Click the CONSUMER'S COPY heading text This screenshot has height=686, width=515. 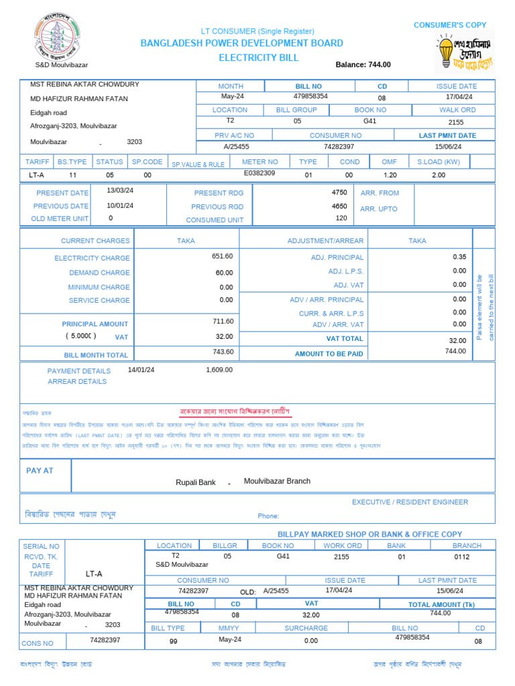point(450,25)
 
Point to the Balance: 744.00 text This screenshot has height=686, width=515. point(363,65)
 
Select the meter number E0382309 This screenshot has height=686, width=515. point(259,174)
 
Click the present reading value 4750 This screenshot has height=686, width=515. point(339,192)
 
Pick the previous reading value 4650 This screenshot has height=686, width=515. point(339,206)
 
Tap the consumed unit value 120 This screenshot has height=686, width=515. point(341,218)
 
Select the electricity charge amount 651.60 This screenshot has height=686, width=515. point(222,257)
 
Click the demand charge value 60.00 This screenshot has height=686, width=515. point(224,273)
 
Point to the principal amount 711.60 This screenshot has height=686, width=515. point(222,322)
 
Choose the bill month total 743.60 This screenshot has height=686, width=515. point(223,352)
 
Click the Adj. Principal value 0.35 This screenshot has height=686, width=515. point(459,257)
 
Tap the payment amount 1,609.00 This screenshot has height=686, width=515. point(219,370)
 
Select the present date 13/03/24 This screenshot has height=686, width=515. point(120,190)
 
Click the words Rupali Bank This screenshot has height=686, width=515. point(195,482)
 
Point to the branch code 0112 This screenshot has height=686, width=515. point(462,557)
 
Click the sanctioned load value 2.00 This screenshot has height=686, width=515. point(438,175)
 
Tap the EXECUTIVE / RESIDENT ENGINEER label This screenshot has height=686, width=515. point(410,502)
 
